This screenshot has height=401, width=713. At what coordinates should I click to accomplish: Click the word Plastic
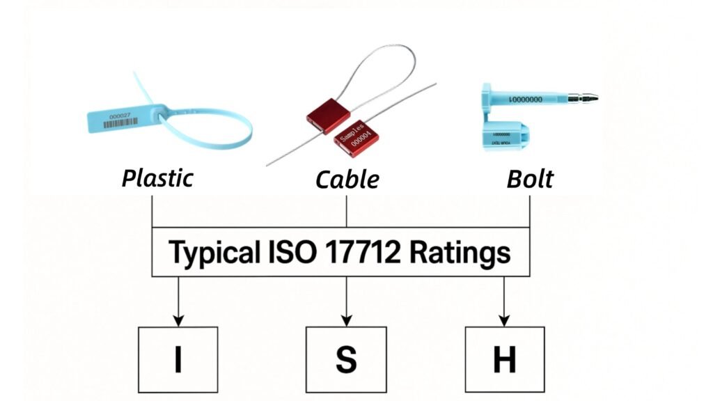point(157,178)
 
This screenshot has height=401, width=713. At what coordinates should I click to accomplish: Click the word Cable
point(347,180)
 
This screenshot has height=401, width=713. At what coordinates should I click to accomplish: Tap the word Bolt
point(530,179)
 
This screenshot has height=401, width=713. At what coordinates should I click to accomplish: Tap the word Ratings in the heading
point(460,252)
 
